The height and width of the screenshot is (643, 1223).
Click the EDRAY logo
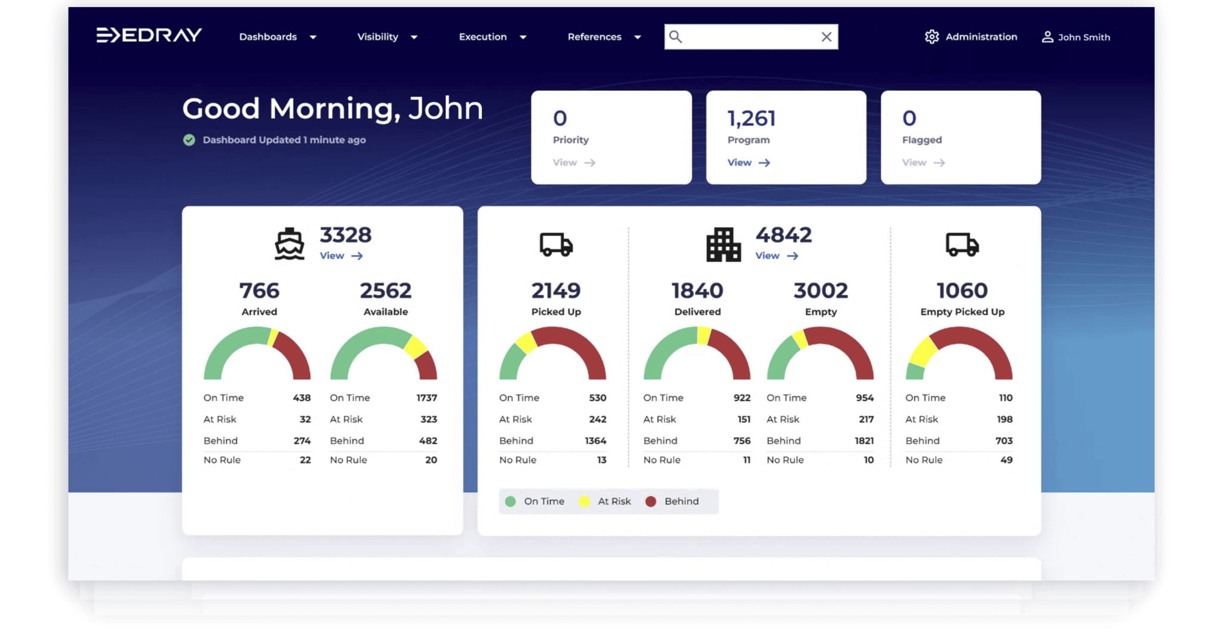click(x=149, y=36)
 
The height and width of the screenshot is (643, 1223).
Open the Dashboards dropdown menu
click(x=278, y=37)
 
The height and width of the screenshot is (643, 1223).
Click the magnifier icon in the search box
click(x=675, y=37)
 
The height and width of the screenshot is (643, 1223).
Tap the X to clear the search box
click(x=826, y=37)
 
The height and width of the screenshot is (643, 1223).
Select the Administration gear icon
click(x=932, y=37)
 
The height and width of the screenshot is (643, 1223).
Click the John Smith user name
click(x=1083, y=37)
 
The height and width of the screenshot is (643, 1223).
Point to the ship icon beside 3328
click(x=290, y=244)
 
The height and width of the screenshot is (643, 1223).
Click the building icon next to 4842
click(x=723, y=245)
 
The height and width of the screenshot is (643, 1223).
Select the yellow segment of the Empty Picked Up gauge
click(x=922, y=352)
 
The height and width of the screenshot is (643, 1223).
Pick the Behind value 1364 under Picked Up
click(x=595, y=441)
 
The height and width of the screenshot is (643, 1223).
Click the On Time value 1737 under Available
click(x=426, y=398)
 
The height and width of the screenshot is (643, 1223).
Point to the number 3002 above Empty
click(x=821, y=291)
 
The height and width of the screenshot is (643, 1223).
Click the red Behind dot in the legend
click(x=651, y=502)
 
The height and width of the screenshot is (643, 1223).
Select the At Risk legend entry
click(x=606, y=502)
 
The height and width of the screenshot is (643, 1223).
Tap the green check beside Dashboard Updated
click(x=189, y=140)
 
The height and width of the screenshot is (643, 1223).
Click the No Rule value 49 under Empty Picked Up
click(x=1006, y=460)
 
